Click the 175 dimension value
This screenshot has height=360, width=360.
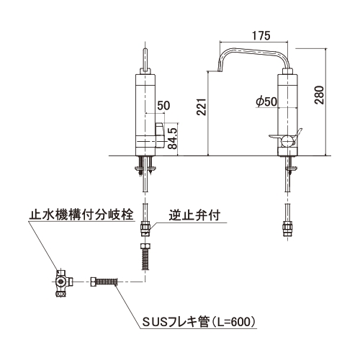[x=261, y=36]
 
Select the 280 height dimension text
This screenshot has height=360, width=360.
[x=320, y=94]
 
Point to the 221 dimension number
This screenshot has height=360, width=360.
[x=202, y=107]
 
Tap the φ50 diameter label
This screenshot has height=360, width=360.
[x=266, y=102]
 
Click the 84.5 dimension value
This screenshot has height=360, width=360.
[x=172, y=138]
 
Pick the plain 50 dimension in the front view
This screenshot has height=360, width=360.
[x=163, y=106]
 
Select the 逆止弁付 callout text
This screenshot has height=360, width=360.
[x=194, y=215]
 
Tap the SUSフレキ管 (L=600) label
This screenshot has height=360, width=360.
[x=199, y=322]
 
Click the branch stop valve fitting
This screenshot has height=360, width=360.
[x=63, y=283]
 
